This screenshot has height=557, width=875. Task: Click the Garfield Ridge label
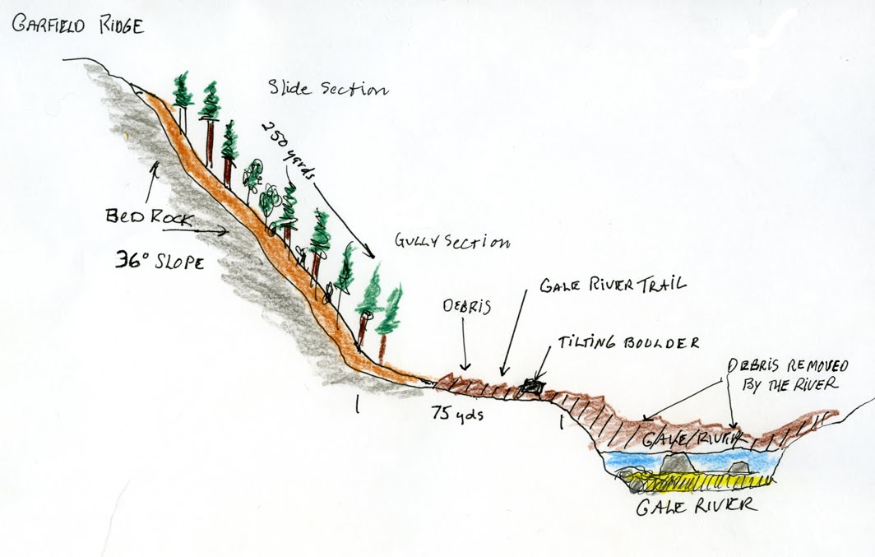[77, 26]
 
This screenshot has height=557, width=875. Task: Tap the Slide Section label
[327, 87]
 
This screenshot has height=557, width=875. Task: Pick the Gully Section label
[452, 243]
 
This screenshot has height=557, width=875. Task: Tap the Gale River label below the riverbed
[697, 504]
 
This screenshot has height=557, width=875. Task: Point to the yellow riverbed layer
[707, 480]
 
